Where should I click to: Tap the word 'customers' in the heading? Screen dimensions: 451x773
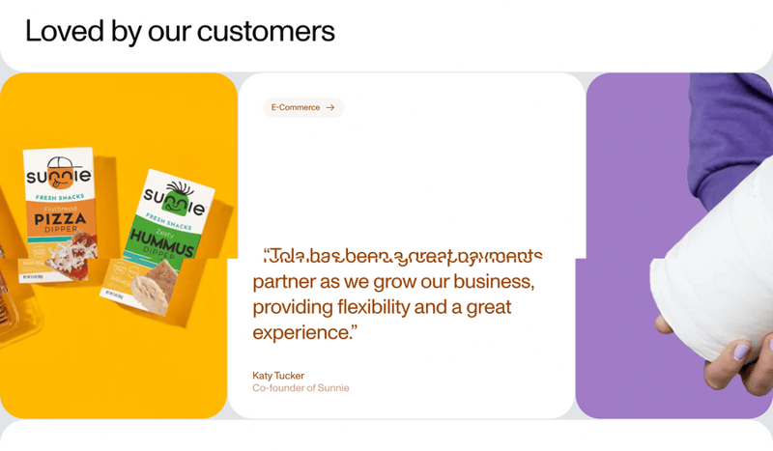point(266,31)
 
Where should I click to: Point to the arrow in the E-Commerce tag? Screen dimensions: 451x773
point(330,107)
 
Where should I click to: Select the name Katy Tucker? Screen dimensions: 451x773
point(278,376)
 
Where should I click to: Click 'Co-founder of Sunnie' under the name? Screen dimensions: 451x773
point(301,388)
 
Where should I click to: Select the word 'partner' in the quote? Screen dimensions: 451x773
point(284,282)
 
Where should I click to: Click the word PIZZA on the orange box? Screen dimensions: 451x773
point(61,220)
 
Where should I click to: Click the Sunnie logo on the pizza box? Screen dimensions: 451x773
point(58,175)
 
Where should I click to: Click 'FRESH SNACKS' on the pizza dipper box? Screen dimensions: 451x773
point(58,197)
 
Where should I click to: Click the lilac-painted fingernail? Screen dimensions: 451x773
point(742,353)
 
